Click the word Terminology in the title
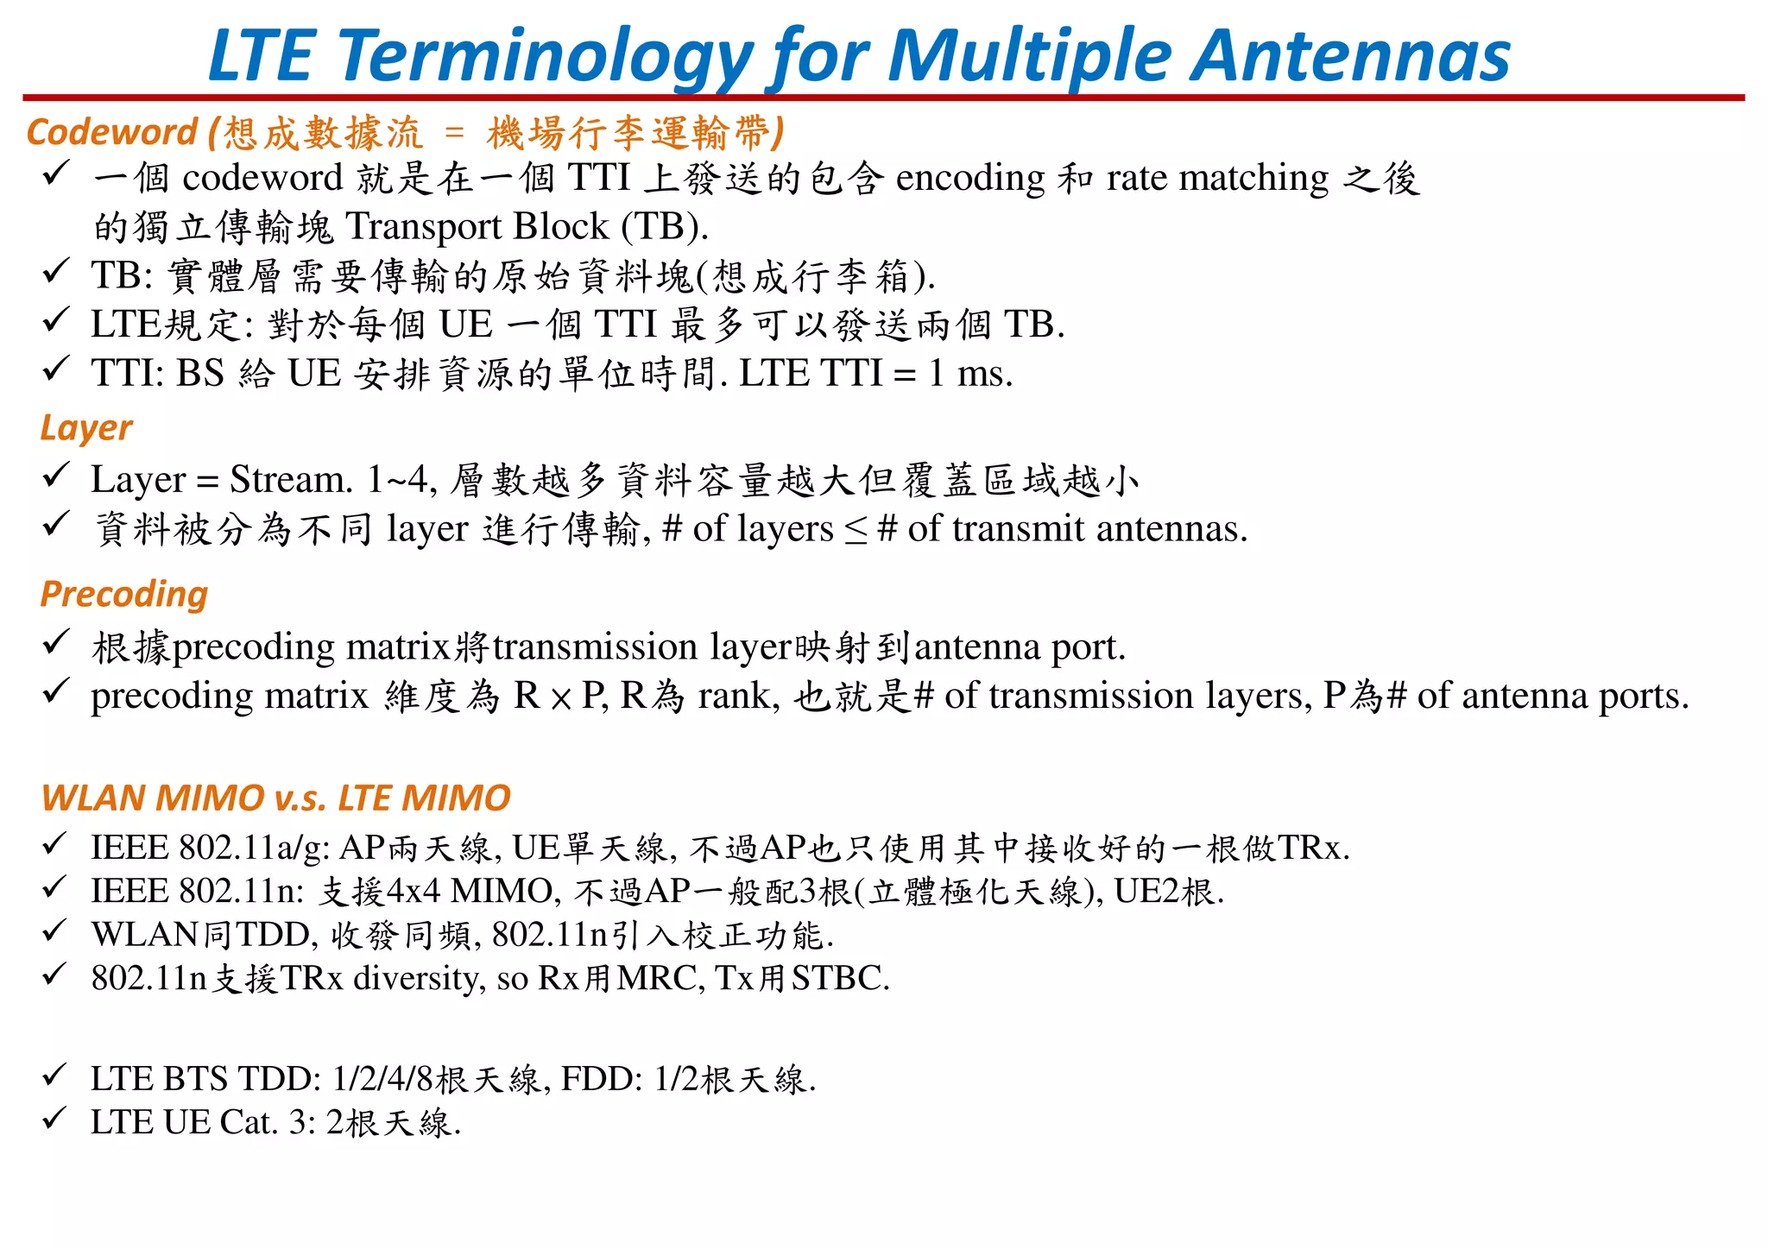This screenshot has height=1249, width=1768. pos(545,56)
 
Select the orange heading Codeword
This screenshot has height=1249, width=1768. pos(112,132)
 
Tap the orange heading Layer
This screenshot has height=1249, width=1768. pos(86,428)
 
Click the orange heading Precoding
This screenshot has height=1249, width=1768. pos(124,595)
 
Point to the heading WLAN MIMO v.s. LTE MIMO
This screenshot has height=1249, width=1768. pos(276,798)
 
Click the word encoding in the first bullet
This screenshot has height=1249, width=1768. pos(970,179)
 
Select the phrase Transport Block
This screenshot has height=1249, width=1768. pos(477,227)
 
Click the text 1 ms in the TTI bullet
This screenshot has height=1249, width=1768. pos(970,374)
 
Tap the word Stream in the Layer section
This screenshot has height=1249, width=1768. pos(290,480)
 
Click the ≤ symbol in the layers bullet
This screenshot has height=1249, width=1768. pos(856,531)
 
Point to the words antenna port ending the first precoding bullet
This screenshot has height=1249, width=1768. pos(1020,647)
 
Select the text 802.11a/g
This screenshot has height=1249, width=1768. pos(255,848)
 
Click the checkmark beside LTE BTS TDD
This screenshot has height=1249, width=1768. pos(54,1076)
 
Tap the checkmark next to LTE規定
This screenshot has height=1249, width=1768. pos(54,321)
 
